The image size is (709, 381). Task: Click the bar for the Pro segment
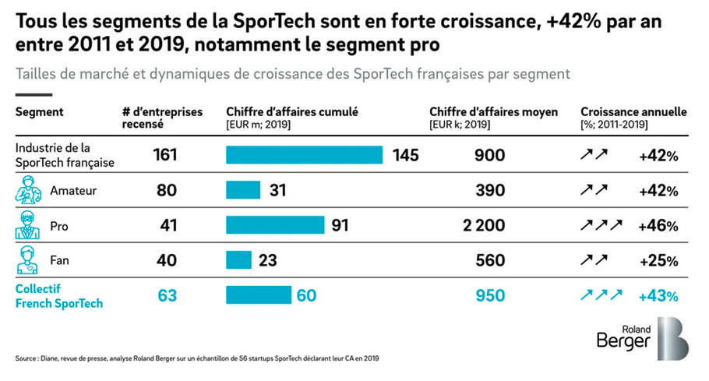[x=275, y=225]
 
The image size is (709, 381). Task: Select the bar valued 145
[x=304, y=154]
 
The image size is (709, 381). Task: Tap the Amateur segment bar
[x=242, y=190]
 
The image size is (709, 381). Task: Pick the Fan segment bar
[x=238, y=260]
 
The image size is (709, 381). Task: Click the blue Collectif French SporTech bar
[x=258, y=295]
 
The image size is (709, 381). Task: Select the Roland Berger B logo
[x=672, y=338]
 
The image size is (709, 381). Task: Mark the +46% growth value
[x=658, y=226]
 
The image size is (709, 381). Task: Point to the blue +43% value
[x=658, y=296]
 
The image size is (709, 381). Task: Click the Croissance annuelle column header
[x=633, y=112]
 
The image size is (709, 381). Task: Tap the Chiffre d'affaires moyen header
[x=493, y=112]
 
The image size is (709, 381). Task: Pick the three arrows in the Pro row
[x=601, y=226]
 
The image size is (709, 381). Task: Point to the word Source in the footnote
[x=27, y=358]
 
